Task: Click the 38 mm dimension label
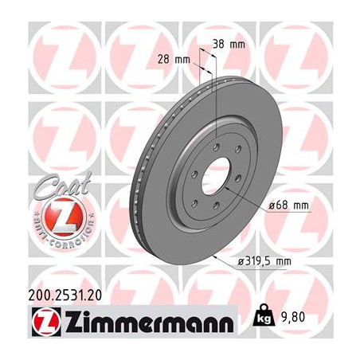point(229,45)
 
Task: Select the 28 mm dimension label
point(174,60)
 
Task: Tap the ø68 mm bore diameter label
point(288,205)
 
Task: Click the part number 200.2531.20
point(65,295)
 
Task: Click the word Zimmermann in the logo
point(150,322)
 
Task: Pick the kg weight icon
point(264,315)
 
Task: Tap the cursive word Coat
point(63,185)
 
